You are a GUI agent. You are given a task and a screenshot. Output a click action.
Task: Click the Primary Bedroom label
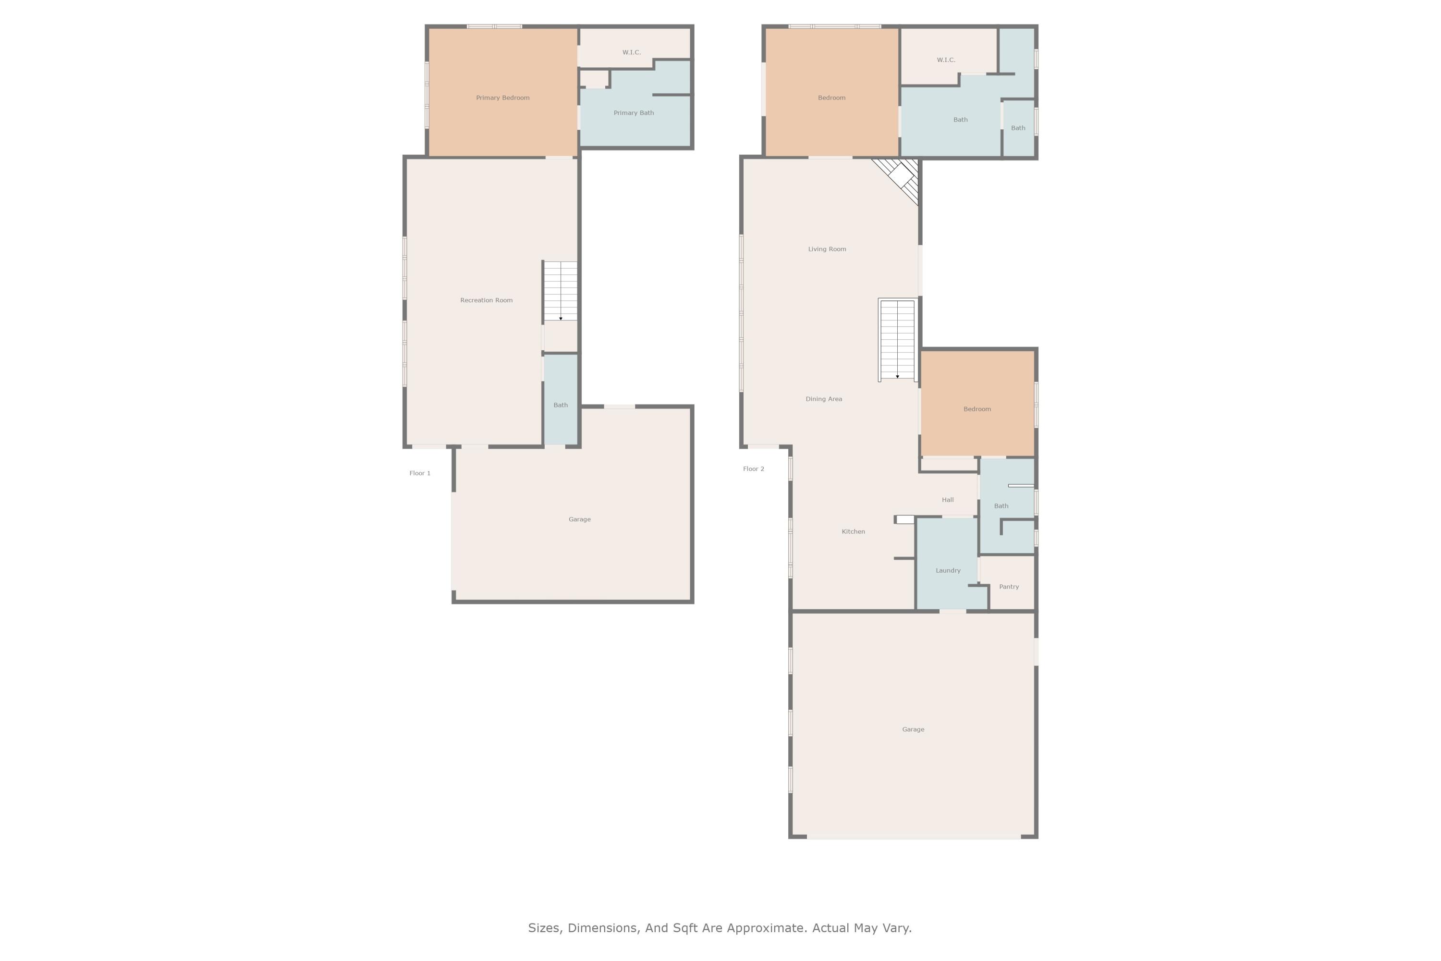point(502,98)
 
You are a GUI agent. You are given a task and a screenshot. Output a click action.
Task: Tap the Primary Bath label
point(634,113)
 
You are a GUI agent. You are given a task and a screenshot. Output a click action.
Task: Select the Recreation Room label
point(487,300)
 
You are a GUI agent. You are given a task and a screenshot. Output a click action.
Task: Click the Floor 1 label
point(420,473)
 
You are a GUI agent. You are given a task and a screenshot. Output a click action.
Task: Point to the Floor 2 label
point(754,469)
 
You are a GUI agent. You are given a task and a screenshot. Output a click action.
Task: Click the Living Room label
point(827,249)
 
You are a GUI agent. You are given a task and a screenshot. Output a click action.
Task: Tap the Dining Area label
point(823,399)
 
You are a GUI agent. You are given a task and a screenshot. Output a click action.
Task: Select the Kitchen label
point(853,531)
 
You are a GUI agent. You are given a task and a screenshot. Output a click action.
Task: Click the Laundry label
point(948,571)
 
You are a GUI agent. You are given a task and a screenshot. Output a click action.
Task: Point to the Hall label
point(947,500)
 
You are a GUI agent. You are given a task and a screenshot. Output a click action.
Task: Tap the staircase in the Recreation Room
point(561,291)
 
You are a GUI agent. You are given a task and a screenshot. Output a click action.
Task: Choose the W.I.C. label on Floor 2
point(945,60)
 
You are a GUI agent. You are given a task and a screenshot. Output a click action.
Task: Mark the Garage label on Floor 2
point(913,729)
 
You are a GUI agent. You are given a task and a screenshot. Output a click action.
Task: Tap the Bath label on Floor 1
point(561,405)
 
